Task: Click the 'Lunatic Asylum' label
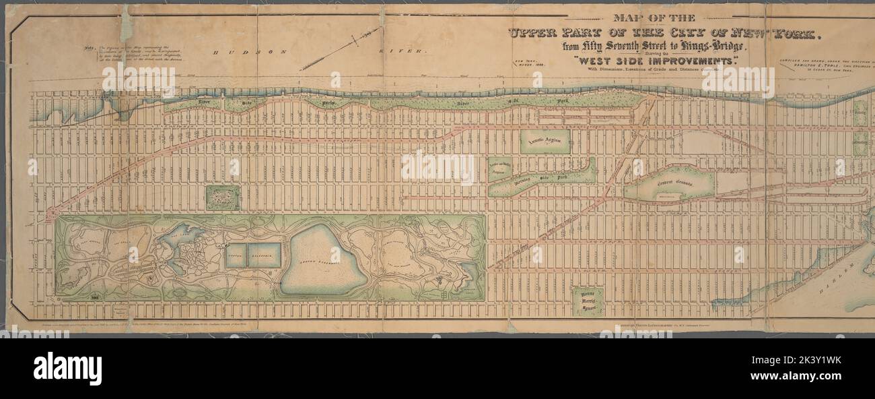pos(545,140)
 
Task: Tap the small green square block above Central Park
pos(222,197)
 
